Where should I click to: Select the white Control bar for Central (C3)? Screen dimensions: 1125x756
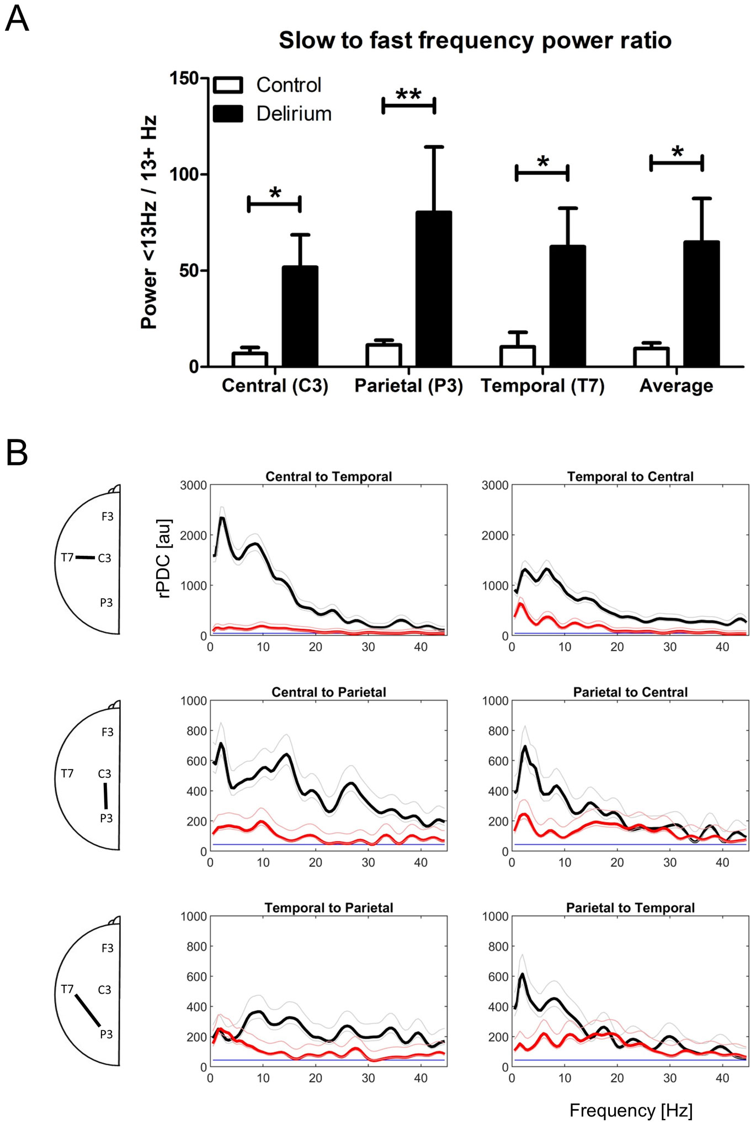(250, 359)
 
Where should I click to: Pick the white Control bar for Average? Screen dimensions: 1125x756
(651, 357)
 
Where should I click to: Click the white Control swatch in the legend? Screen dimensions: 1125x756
(228, 85)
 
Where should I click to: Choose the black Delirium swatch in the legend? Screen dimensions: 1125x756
(228, 114)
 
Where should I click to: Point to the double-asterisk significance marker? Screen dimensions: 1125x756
(408, 95)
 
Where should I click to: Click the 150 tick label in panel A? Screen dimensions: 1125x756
(184, 78)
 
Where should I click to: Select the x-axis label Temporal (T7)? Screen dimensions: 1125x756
(542, 385)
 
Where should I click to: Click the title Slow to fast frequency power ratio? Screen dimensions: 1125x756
(475, 40)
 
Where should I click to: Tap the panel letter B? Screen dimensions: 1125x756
(17, 453)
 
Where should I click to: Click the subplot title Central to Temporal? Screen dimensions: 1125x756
(328, 476)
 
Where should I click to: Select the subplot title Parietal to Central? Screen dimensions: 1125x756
(630, 692)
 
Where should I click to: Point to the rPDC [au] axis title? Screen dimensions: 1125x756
(164, 559)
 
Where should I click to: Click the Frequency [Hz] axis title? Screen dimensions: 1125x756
(631, 1110)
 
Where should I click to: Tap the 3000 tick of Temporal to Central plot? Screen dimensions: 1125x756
(494, 485)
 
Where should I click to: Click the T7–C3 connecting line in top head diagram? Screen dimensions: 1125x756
(85, 558)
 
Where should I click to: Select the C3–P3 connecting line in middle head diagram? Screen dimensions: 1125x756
(105, 795)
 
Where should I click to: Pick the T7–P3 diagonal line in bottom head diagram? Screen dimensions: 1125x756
(88, 1010)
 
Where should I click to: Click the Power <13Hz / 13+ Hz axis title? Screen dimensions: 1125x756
(149, 222)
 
